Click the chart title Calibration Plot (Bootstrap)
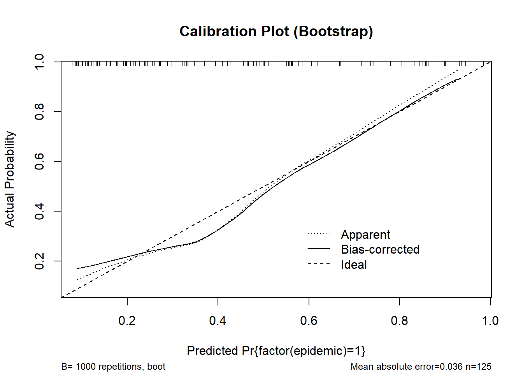click(x=276, y=31)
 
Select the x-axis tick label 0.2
click(x=127, y=321)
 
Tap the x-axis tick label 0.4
click(x=218, y=321)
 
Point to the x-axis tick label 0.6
click(x=309, y=321)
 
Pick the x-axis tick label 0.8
click(x=400, y=321)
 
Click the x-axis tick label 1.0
click(x=490, y=321)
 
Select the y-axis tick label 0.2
click(x=39, y=261)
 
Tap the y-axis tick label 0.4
click(x=39, y=211)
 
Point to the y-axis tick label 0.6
click(x=39, y=161)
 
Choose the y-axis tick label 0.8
click(x=39, y=111)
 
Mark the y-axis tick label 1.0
click(x=39, y=62)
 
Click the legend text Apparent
click(x=365, y=235)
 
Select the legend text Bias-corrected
click(x=380, y=249)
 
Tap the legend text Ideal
click(x=354, y=265)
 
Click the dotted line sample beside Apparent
click(x=319, y=234)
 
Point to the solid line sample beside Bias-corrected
click(x=319, y=249)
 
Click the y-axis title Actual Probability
click(x=10, y=179)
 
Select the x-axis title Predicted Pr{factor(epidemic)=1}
click(x=276, y=351)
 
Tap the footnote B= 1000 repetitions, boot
click(x=113, y=367)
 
